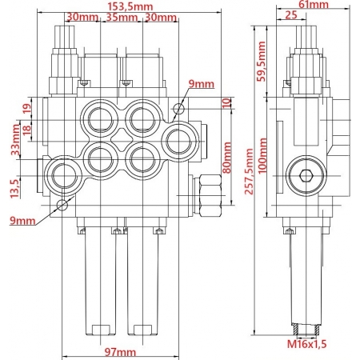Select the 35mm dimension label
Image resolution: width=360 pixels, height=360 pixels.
(x=122, y=17)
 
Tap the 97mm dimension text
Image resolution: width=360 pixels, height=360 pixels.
(x=121, y=351)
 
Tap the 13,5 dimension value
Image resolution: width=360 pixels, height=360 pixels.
(x=13, y=186)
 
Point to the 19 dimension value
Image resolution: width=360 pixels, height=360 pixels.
(x=26, y=108)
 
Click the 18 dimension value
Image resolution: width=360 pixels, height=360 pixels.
(x=26, y=130)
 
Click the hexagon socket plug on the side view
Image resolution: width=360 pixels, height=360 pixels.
(x=305, y=179)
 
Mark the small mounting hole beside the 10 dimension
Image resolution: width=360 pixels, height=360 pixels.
(x=182, y=110)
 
